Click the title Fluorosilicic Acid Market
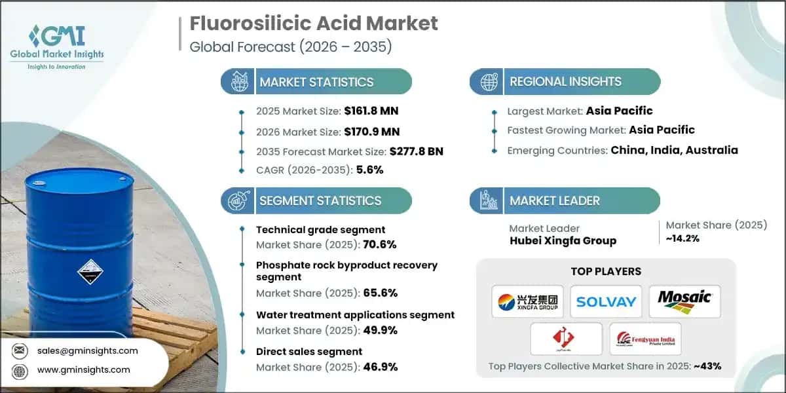pyautogui.click(x=314, y=24)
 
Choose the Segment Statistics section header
pyautogui.click(x=320, y=201)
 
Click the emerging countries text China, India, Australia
pyautogui.click(x=674, y=150)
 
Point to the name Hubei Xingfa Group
pyautogui.click(x=563, y=240)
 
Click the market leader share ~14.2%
pyautogui.click(x=684, y=238)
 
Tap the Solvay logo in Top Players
pyautogui.click(x=606, y=301)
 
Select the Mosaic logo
pyautogui.click(x=684, y=301)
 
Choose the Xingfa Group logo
pyautogui.click(x=527, y=301)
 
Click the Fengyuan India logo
pyautogui.click(x=645, y=339)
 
